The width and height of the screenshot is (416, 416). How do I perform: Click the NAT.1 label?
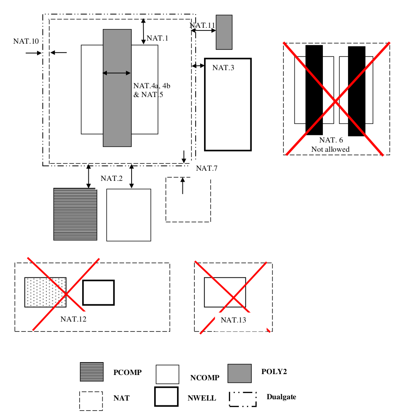tap(158, 38)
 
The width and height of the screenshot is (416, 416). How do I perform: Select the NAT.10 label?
tap(26, 41)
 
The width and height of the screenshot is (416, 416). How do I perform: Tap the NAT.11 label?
tap(203, 25)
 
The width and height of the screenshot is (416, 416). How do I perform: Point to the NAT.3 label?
tap(223, 67)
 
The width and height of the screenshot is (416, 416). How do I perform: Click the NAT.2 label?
tap(112, 178)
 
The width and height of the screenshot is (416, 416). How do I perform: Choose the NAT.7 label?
tap(207, 168)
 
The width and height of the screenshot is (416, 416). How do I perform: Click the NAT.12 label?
tap(73, 319)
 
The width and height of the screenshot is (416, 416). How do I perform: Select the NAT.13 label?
tap(233, 320)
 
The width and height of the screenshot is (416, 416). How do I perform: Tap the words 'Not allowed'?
tap(330, 149)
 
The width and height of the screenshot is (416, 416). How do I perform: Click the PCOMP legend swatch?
tap(92, 372)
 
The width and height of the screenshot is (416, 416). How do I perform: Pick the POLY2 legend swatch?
tap(239, 373)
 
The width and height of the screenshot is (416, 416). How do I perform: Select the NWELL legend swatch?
tap(166, 396)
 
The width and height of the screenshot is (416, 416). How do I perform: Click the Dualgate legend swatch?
tap(242, 399)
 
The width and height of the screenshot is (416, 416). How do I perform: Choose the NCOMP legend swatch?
tap(167, 374)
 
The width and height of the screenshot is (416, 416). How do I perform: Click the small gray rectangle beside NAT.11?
tap(224, 32)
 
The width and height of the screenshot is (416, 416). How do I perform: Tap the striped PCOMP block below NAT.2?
tap(75, 214)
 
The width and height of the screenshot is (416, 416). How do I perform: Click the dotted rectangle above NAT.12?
tap(45, 292)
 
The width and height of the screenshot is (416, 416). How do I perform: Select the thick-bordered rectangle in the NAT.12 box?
tap(98, 292)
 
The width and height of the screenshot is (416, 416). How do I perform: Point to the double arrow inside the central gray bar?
tap(117, 73)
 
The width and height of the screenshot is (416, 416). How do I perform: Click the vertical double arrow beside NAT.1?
tap(144, 31)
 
